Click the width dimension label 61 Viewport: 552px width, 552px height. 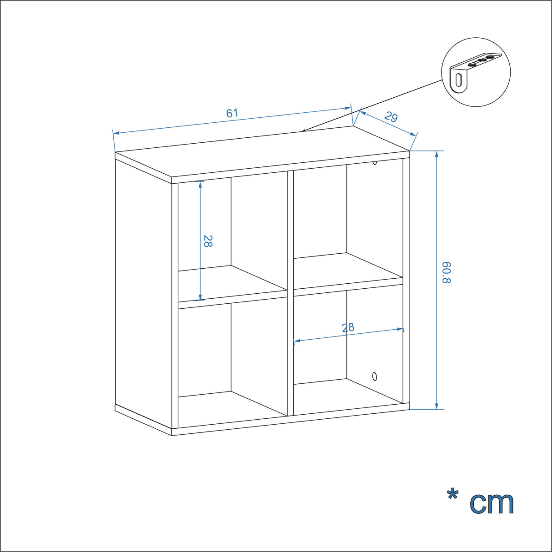232,113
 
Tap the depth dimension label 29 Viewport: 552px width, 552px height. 391,117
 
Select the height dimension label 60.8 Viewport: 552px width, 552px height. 447,272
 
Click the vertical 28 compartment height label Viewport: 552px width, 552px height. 208,241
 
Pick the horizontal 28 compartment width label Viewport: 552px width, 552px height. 348,327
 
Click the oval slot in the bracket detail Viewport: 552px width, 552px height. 459,80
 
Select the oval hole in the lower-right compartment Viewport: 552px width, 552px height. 374,376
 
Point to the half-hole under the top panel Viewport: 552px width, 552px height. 374,163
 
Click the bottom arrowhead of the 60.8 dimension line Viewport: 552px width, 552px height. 436,406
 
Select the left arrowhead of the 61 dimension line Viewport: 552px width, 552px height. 116,133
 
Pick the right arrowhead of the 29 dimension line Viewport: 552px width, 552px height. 413,134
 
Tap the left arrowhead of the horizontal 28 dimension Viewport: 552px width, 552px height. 297,341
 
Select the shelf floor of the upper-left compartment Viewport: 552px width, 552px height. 232,284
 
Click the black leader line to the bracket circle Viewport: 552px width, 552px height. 372,105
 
